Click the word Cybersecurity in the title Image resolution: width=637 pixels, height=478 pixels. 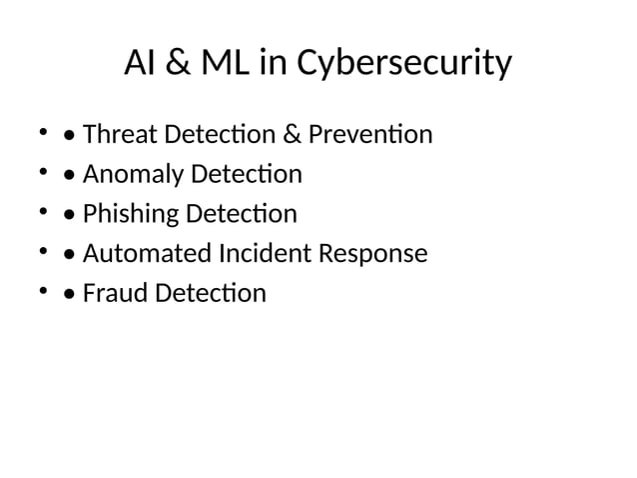(413, 65)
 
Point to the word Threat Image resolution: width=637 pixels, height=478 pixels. (116, 134)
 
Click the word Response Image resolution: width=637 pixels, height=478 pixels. (373, 254)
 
